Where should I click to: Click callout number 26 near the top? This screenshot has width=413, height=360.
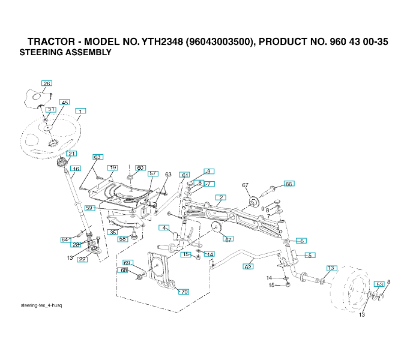[47, 83]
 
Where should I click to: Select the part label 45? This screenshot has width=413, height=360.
[65, 103]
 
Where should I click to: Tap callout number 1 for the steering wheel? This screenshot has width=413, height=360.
[79, 111]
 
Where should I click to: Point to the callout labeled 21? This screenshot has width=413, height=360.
[72, 154]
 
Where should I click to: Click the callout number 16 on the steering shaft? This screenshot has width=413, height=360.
[76, 169]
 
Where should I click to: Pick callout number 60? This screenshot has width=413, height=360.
[140, 168]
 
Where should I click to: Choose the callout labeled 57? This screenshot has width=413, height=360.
[153, 173]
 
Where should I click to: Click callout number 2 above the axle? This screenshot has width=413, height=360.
[222, 197]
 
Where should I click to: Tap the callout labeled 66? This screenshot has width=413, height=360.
[289, 184]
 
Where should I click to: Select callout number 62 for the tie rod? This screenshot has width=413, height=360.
[248, 266]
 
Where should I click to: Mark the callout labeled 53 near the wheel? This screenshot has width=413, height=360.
[379, 284]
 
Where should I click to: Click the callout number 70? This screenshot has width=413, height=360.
[184, 292]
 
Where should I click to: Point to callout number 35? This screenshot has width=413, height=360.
[112, 232]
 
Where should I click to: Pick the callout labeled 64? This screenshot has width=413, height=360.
[65, 240]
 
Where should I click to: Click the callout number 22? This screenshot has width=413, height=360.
[82, 259]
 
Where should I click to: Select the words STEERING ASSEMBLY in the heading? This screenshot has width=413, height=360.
[65, 53]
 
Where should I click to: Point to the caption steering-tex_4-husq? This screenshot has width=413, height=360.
[41, 305]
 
